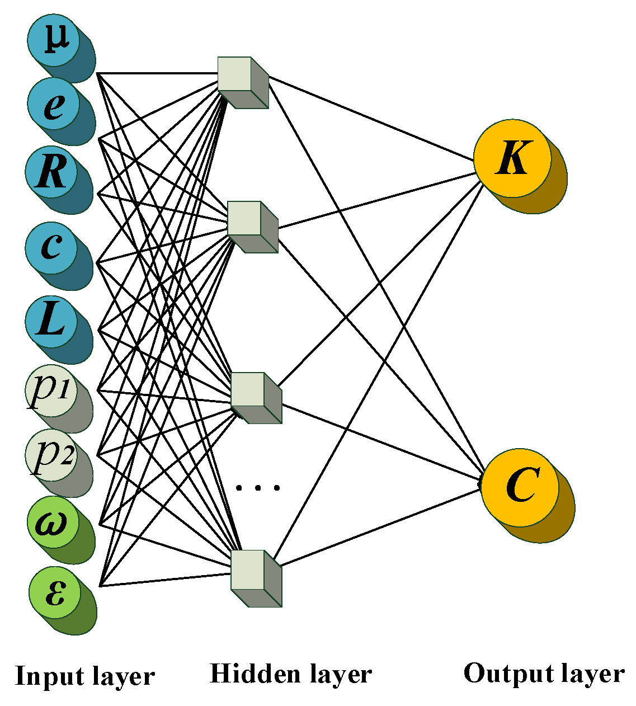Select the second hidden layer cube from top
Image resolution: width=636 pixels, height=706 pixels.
pos(251,225)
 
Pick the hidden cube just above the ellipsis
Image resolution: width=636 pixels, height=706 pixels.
pos(255,397)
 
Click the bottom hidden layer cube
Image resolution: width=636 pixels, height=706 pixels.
pos(255,577)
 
